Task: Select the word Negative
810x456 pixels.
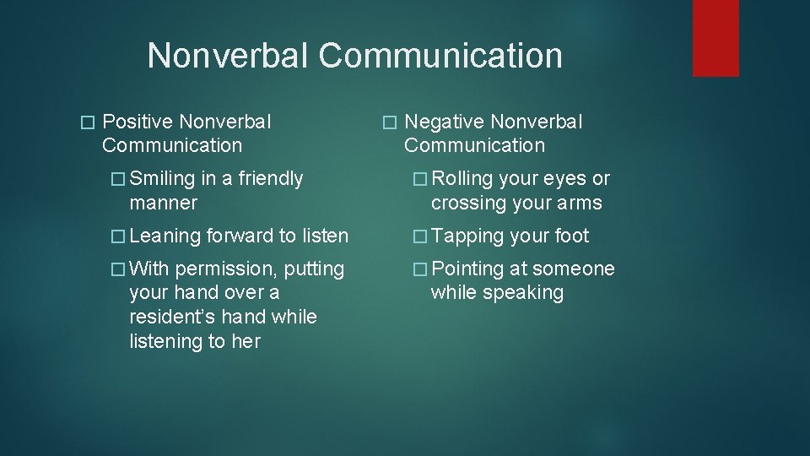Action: point(443,122)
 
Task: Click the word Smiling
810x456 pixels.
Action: point(163,179)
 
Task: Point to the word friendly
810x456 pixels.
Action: point(270,179)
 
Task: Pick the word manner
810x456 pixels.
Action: point(163,204)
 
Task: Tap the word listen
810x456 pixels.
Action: point(325,236)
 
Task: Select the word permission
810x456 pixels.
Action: point(226,269)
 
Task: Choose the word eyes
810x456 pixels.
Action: point(563,179)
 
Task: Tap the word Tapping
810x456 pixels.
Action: point(467,236)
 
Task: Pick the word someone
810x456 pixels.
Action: point(573,269)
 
